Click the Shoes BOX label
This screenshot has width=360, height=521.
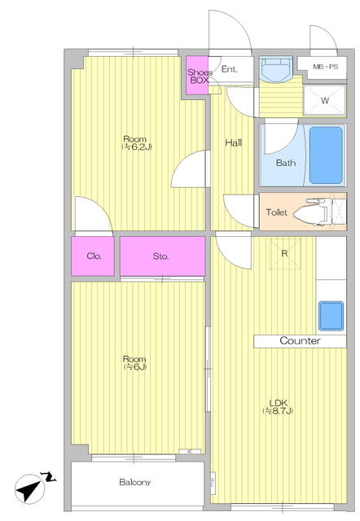pos(200,76)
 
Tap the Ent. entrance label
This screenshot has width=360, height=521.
pos(230,69)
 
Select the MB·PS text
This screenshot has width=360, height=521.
pos(326,67)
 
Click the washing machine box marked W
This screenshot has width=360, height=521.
pos(325,100)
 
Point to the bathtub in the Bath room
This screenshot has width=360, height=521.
pos(326,155)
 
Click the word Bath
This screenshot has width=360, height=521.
pos(286,163)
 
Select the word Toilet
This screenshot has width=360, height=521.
pos(276,212)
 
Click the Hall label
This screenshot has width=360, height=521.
pos(234,143)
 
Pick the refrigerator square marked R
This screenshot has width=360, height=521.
pos(285,254)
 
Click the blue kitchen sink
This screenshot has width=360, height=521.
pos(331,316)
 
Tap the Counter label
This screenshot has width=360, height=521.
pos(301,340)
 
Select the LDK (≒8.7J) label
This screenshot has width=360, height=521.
pos(278,407)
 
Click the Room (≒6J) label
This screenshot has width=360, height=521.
pos(134,363)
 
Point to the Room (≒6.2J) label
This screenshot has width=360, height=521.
pos(136,143)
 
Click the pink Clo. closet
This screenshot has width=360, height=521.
pos(93,256)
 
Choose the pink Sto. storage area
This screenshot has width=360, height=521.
pos(163,256)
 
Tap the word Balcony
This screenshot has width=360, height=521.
pos(134,482)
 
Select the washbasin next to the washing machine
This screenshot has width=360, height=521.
pos(275,69)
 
